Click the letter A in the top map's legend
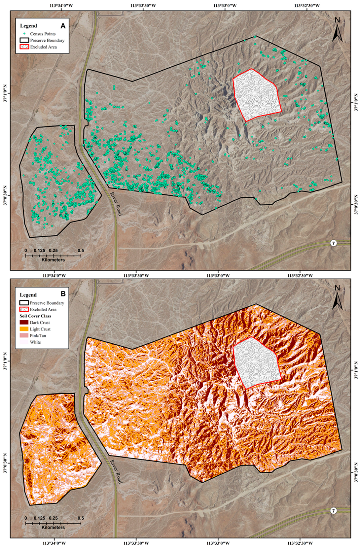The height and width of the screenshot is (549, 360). (63, 25)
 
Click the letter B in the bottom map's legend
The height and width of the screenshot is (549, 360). (63, 293)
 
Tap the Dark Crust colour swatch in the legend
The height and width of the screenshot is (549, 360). (24, 323)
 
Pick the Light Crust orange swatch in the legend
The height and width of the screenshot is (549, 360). (24, 329)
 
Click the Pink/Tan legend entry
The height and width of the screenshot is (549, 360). (38, 335)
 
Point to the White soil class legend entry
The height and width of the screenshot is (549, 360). (35, 342)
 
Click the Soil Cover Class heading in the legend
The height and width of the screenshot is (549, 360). (35, 316)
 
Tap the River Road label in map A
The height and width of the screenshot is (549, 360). (116, 203)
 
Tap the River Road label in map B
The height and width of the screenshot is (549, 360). (116, 471)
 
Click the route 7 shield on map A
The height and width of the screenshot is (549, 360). (334, 243)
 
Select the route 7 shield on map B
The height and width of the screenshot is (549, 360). (334, 511)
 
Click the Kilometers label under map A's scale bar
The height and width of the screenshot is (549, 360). (53, 260)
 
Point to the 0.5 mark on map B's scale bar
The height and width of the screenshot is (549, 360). (81, 518)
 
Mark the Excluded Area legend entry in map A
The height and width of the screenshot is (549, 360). (43, 47)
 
